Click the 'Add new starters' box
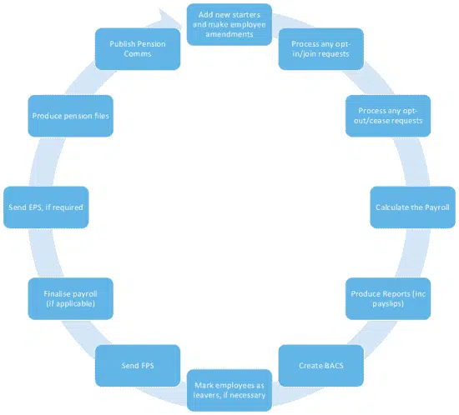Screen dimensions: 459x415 229,24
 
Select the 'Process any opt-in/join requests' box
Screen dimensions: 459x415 320,49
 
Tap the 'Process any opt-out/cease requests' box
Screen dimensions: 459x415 388,116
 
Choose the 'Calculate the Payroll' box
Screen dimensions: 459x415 412,207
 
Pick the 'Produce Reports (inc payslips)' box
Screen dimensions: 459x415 388,298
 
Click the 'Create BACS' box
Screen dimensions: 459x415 320,366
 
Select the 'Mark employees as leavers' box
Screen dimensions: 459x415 229,390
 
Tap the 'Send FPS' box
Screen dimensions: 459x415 138,366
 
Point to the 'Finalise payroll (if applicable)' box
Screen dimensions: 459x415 71,298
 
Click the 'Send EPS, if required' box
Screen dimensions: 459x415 46,207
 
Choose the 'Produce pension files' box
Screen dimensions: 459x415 71,116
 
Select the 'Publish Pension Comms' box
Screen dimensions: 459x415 138,49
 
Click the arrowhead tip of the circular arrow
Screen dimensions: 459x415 182,24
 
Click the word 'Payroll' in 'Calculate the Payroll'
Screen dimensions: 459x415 437,207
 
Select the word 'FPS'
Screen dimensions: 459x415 147,366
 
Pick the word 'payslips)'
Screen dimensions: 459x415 388,303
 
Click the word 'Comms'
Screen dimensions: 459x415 138,54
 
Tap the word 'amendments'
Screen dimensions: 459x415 229,34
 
